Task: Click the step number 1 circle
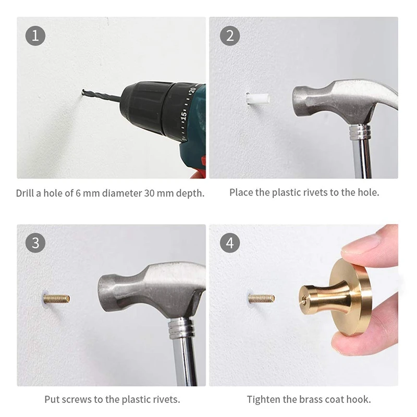tap(35, 35)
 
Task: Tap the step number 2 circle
tap(230, 35)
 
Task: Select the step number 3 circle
tap(35, 243)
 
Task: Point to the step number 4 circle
tap(230, 243)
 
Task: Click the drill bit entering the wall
tap(101, 95)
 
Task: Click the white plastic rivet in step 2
tap(257, 98)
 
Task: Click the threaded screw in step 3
tap(56, 299)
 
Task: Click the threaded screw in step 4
tap(262, 299)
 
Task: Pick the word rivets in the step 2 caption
tap(315, 192)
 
